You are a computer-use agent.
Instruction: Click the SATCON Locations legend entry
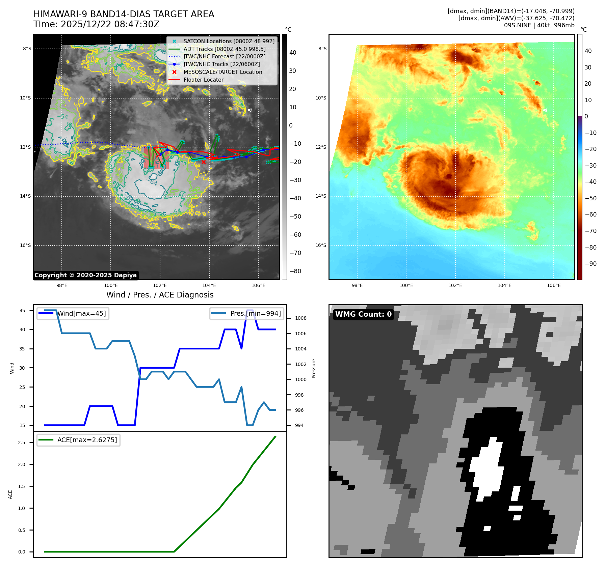229,41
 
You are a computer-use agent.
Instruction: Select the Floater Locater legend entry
203,80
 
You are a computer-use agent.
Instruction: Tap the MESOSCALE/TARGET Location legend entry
222,72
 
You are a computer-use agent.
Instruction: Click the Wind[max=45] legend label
81,313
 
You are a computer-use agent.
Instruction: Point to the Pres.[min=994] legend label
255,313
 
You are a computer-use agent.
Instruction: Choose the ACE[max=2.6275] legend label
87,440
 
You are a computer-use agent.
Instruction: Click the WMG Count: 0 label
363,314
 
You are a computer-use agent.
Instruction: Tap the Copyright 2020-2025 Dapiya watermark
85,275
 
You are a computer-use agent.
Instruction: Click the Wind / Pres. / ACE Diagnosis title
160,295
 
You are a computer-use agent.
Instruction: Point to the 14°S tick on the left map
25,196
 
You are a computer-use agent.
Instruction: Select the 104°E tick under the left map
209,285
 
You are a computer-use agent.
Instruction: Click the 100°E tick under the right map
406,285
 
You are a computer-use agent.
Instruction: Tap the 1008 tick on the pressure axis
300,318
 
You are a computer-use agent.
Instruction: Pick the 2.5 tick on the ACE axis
22,443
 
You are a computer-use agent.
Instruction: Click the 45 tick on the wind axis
22,311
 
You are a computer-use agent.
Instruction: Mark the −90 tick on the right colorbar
590,264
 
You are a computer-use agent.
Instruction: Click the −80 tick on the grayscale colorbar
295,271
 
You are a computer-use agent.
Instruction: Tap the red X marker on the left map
204,162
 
